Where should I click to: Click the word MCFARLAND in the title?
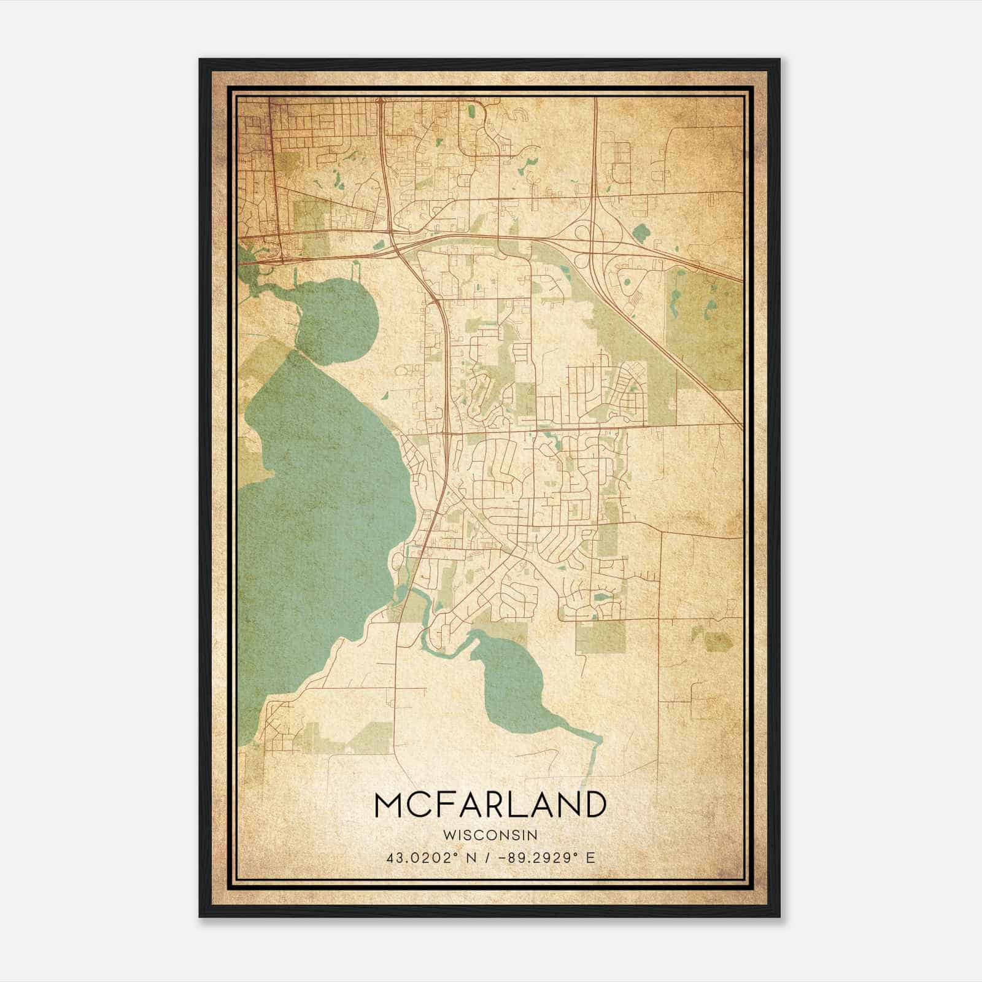[490, 805]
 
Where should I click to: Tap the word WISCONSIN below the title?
[490, 835]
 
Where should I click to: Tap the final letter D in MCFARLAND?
[593, 805]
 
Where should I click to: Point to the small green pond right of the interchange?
[642, 233]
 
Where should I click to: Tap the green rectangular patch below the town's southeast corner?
[600, 637]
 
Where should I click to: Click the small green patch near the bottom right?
[718, 641]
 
